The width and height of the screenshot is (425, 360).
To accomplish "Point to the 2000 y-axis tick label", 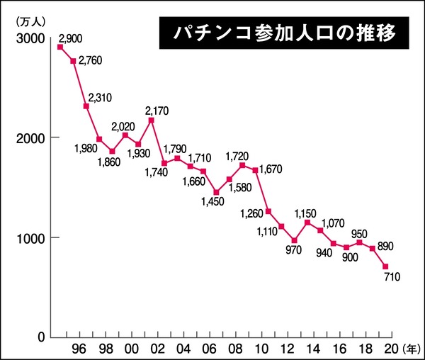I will (26, 137).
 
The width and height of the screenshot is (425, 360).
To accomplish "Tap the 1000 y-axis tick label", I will (26, 237).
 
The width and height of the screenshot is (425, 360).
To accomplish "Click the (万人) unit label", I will (26, 18).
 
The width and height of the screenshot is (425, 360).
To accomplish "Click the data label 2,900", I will (73, 37).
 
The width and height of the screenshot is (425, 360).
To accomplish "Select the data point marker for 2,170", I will (152, 120).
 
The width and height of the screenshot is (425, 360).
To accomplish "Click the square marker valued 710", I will (385, 266).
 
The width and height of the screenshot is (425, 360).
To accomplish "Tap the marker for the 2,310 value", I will (86, 106).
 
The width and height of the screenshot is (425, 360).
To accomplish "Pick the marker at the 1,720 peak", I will (242, 165).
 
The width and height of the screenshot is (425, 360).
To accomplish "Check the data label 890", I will (385, 246).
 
